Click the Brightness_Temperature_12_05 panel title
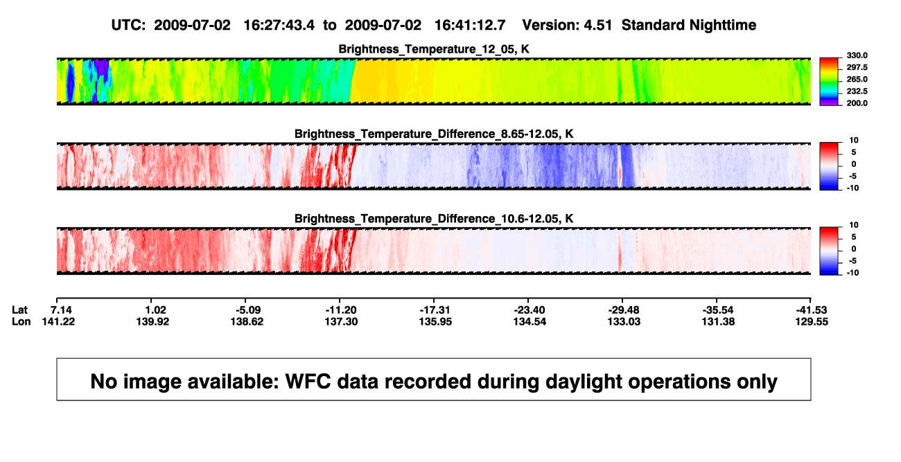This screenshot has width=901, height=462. pos(434,49)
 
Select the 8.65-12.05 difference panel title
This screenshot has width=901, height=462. pos(434,134)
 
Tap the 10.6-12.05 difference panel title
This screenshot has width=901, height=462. pos(434,219)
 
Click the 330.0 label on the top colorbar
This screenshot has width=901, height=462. pos(857,55)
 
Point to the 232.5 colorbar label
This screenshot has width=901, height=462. pos(857,91)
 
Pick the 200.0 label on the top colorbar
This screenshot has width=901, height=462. pos(857,103)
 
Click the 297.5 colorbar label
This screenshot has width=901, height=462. pos(857,67)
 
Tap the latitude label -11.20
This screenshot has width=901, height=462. pos(341,310)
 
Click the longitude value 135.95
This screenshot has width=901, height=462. pos(435,321)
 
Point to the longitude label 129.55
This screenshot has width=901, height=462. pos(812,321)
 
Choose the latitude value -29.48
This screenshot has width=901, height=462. pos(624,310)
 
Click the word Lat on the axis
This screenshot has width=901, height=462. pos(19,310)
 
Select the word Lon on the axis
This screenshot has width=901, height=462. pos(21,321)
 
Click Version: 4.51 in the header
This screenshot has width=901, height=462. pos(567,25)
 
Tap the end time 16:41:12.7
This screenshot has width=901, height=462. pos(470,25)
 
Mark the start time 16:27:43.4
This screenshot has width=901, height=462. pos(279,25)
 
